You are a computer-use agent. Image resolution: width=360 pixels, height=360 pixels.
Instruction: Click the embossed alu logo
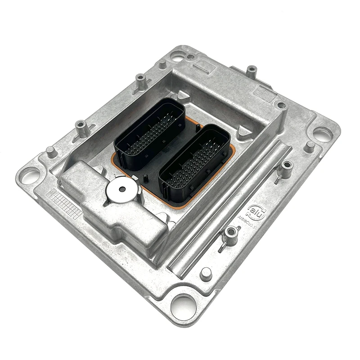point(256,211)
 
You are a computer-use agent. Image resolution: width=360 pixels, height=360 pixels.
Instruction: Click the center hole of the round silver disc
point(122,189)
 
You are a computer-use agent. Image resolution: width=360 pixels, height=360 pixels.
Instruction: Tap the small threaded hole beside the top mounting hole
point(191,57)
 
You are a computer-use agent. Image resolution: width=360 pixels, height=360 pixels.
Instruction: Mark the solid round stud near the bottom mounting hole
point(206,273)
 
